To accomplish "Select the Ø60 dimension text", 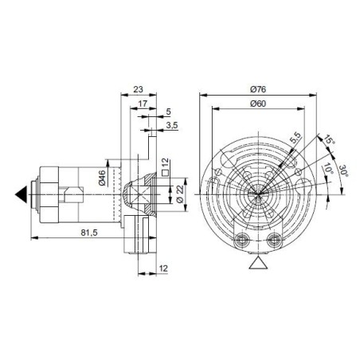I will (x=256, y=104).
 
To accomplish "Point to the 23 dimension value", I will (x=139, y=89).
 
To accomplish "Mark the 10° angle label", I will (x=328, y=170).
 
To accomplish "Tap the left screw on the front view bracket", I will (x=241, y=239).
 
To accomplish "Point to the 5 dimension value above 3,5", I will (x=168, y=112).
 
